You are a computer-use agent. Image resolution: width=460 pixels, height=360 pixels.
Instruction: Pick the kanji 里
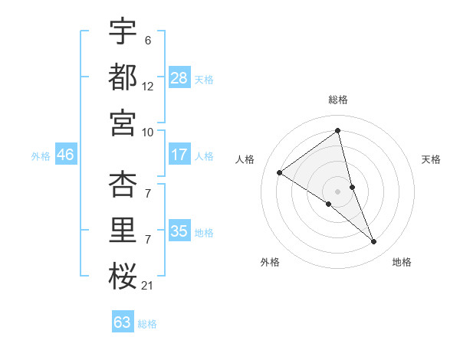point(123,231)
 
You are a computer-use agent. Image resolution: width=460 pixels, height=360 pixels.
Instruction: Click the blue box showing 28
point(179,78)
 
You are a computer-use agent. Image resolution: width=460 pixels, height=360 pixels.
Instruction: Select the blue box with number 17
point(179,155)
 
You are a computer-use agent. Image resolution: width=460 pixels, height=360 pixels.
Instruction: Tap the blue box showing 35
point(179,231)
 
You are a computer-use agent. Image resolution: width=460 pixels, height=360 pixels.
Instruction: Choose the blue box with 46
point(65,155)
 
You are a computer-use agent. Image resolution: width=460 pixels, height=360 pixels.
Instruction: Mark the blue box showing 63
point(123,322)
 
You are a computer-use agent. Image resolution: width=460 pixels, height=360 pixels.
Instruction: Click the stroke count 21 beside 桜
point(147,286)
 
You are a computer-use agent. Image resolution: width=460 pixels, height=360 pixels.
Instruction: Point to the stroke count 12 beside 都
point(147,87)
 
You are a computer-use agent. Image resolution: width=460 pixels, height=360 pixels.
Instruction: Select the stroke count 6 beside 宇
point(147,40)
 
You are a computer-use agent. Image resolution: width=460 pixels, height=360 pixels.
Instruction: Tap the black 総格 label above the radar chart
point(338,100)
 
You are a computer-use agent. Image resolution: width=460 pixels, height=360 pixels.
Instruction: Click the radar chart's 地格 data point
point(374,242)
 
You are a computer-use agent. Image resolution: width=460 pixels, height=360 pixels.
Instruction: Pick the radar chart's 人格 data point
point(279,173)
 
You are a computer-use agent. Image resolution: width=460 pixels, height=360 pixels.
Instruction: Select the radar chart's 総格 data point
point(338,131)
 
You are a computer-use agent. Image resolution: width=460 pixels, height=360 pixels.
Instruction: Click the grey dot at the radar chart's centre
point(338,190)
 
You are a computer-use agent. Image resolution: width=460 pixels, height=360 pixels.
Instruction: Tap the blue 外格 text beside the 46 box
point(40,155)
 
